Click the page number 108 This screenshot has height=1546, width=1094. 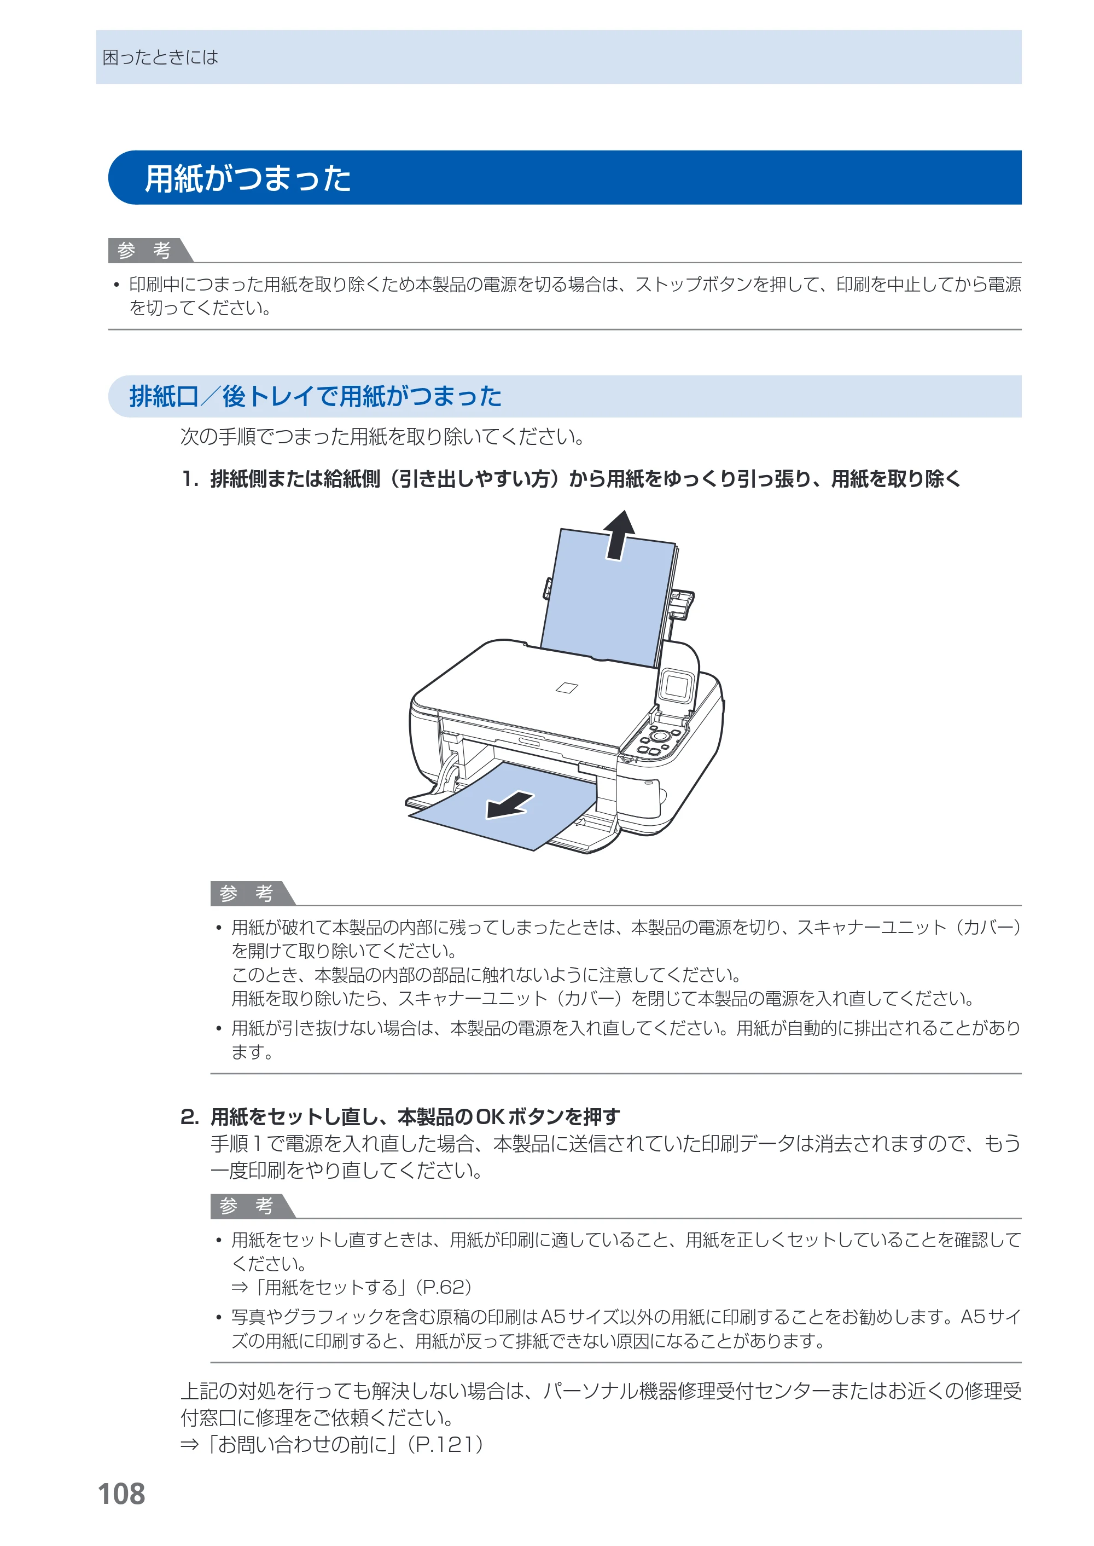pyautogui.click(x=121, y=1494)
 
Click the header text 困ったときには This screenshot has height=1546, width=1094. pyautogui.click(x=160, y=57)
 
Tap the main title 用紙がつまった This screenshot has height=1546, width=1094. pyautogui.click(x=248, y=178)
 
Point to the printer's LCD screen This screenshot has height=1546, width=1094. pyautogui.click(x=676, y=687)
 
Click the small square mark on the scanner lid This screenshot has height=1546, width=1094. pyautogui.click(x=567, y=687)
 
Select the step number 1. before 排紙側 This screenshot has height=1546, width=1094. pyautogui.click(x=190, y=479)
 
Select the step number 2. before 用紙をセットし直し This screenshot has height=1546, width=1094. pyautogui.click(x=190, y=1117)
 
